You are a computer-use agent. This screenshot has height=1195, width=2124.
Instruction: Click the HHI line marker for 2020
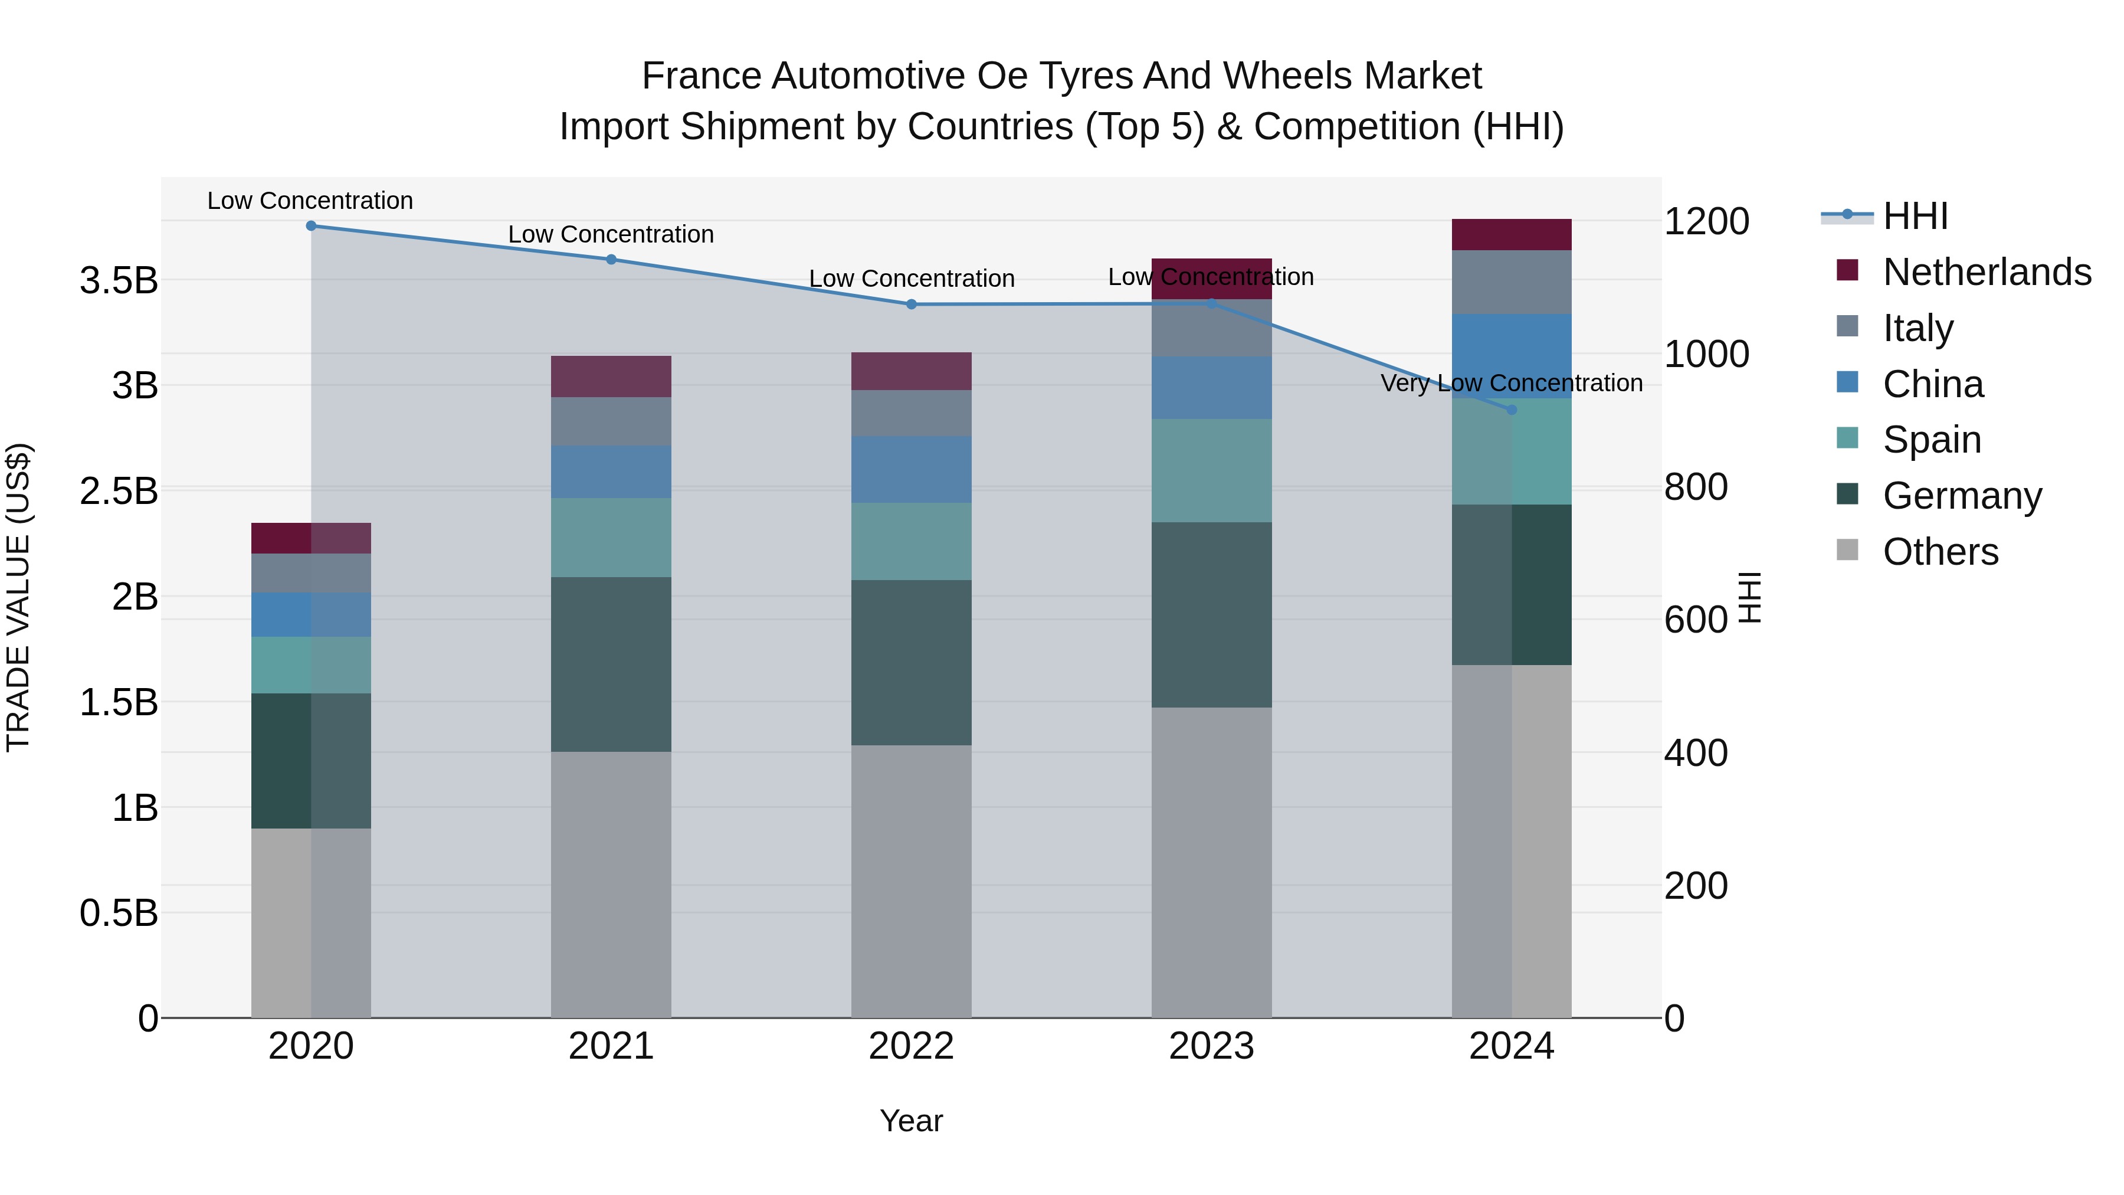(x=311, y=226)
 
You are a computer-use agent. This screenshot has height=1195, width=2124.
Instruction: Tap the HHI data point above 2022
(x=911, y=305)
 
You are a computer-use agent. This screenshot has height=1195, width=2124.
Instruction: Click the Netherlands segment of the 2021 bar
(x=611, y=377)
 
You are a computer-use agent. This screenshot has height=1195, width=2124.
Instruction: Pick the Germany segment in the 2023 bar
(x=1211, y=614)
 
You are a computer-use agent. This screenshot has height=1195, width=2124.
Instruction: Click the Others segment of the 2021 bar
(x=611, y=884)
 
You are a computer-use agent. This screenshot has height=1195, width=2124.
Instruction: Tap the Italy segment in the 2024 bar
(x=1512, y=282)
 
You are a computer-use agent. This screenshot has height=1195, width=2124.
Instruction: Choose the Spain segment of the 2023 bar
(x=1211, y=470)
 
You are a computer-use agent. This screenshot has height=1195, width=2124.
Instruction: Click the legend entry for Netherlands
(x=1987, y=272)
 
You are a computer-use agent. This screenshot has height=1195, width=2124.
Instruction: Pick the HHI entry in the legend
(x=1915, y=216)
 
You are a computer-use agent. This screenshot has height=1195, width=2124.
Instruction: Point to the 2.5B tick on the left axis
(x=119, y=492)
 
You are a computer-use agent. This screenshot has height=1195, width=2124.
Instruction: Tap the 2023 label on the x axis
(x=1211, y=1046)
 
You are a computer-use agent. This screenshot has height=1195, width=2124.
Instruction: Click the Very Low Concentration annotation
(x=1512, y=384)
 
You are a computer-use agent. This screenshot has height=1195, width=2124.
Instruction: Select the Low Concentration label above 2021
(x=611, y=234)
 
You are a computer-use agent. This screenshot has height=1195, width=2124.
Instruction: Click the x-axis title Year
(x=911, y=1121)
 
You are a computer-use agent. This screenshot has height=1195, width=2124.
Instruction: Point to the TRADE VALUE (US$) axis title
(x=18, y=597)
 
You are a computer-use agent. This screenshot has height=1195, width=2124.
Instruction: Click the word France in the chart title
(x=702, y=76)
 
